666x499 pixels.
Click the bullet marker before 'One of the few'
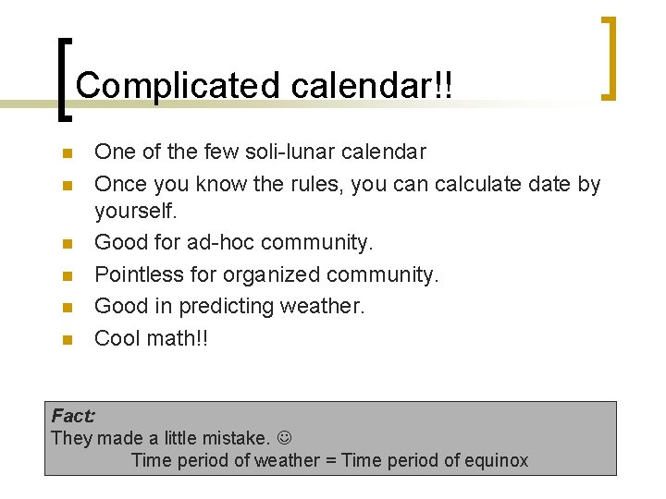pyautogui.click(x=64, y=152)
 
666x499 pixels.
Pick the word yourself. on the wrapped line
pyautogui.click(x=136, y=212)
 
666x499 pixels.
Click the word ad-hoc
pyautogui.click(x=221, y=243)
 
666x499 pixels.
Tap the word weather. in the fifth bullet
pyautogui.click(x=328, y=306)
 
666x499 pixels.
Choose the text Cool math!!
pyautogui.click(x=152, y=338)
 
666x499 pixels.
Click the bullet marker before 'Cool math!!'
pyautogui.click(x=64, y=339)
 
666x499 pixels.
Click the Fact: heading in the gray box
pyautogui.click(x=73, y=416)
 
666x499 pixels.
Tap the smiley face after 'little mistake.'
pyautogui.click(x=285, y=438)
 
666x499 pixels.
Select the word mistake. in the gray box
pyautogui.click(x=237, y=438)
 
